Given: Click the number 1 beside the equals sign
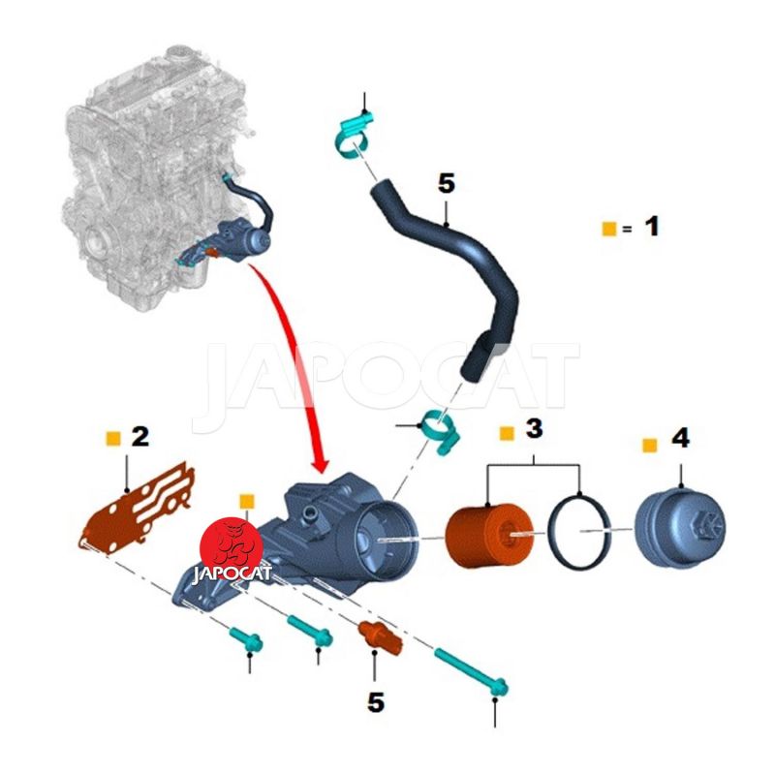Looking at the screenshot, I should (651, 227).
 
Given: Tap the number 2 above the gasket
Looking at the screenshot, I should (140, 436).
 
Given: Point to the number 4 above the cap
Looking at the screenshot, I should (680, 439).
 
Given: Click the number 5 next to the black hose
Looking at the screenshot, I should (446, 182).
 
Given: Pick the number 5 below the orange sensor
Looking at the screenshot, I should (376, 702).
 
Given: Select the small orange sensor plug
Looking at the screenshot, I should (374, 635).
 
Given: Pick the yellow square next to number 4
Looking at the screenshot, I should (649, 445).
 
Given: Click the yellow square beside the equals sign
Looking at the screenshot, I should (608, 229).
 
